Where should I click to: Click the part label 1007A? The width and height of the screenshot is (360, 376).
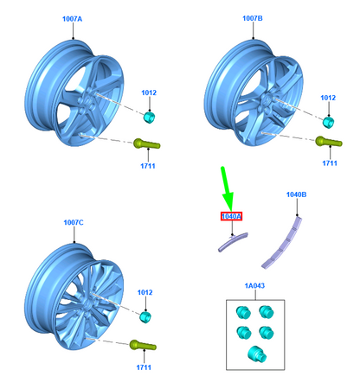[x=73, y=19]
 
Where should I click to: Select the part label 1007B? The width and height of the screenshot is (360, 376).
[x=253, y=18]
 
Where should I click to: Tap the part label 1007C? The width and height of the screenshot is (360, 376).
[x=74, y=222]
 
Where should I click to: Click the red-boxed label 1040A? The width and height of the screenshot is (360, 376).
[x=231, y=216]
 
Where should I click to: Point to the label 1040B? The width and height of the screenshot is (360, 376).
[x=296, y=194]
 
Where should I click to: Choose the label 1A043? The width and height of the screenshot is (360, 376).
[x=254, y=285]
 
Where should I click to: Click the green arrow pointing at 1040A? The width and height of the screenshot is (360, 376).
[x=227, y=188]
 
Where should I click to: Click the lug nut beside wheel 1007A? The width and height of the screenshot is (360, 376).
[x=149, y=118]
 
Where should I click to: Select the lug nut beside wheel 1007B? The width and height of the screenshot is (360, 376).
[x=328, y=123]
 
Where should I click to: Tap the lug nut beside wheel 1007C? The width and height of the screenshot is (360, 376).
[x=145, y=317]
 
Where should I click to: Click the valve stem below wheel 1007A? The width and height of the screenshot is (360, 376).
[x=146, y=143]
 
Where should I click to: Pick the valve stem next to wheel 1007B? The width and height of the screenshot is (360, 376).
[x=329, y=142]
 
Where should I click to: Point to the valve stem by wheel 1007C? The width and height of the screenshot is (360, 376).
[x=143, y=345]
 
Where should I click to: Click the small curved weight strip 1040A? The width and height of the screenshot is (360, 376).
[x=233, y=242]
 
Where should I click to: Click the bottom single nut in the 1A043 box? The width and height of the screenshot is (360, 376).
[x=257, y=354]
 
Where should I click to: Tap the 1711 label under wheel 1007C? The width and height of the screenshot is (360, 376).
[x=144, y=367]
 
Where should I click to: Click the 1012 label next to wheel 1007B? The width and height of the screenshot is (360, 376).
[x=328, y=98]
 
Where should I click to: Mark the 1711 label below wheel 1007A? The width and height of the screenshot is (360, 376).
[x=148, y=166]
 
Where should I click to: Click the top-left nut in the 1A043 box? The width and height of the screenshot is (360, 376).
[x=243, y=312]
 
